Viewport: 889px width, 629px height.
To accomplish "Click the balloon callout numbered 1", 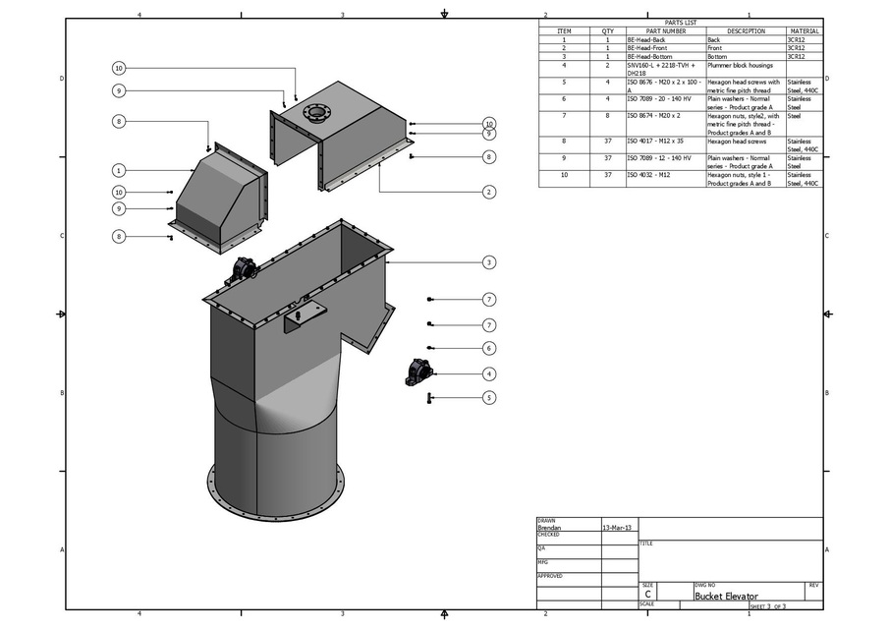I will [x=118, y=170].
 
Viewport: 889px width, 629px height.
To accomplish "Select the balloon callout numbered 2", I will [x=488, y=192].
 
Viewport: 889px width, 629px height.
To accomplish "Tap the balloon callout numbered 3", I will [x=488, y=262].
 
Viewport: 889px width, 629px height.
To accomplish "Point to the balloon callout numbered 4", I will [x=488, y=373].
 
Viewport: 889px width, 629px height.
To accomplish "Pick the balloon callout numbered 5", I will [x=488, y=398].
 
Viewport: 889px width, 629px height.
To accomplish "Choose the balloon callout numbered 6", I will [x=488, y=348].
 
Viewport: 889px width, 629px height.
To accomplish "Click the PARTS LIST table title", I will [x=680, y=23].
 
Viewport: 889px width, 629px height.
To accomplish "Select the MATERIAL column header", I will [x=804, y=31].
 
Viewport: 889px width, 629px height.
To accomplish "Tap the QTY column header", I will [x=608, y=31].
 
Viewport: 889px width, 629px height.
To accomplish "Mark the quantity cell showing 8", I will [x=608, y=116].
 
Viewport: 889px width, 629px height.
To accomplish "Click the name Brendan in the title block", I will [x=550, y=528].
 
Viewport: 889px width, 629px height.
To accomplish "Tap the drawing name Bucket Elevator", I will [x=726, y=596].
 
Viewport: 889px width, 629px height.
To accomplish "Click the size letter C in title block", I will [x=647, y=595].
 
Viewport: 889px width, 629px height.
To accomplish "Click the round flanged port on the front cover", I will [x=317, y=112].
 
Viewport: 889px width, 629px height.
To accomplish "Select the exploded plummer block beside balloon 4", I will [x=419, y=373].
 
